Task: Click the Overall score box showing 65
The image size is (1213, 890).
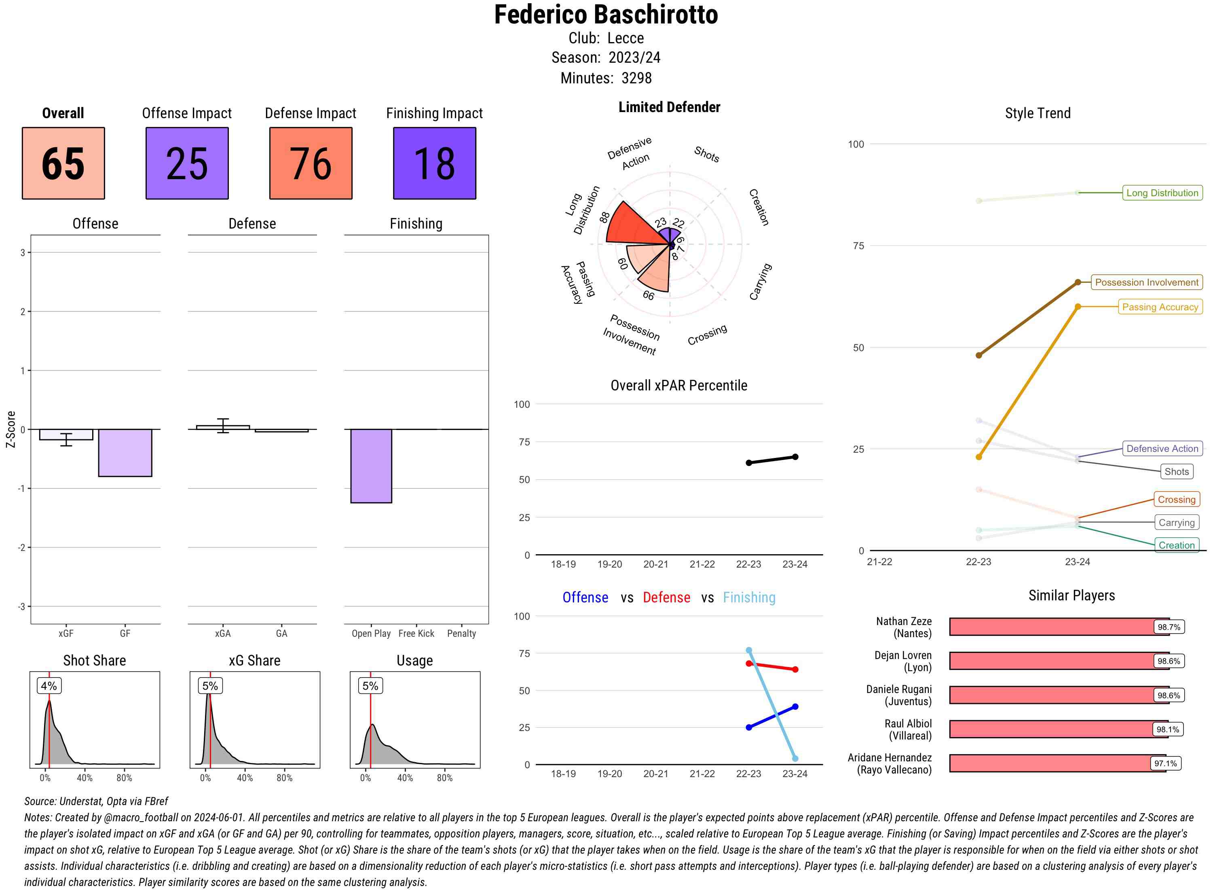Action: (63, 163)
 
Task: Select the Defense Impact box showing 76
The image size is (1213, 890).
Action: (311, 163)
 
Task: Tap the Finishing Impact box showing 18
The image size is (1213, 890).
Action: (435, 163)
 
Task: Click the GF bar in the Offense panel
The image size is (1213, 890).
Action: (125, 453)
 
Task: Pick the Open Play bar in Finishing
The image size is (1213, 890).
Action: (371, 466)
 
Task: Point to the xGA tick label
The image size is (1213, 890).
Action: (222, 634)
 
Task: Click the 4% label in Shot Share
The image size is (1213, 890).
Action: (49, 686)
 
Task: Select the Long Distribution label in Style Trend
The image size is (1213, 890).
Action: (1162, 193)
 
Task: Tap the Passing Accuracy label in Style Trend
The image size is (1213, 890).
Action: (1160, 307)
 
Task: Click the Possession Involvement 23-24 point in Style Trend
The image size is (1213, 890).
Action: (1077, 282)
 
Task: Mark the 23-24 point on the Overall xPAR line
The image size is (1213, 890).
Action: (795, 457)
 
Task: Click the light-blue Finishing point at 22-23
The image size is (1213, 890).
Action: (749, 650)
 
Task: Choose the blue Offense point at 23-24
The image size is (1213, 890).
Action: (795, 706)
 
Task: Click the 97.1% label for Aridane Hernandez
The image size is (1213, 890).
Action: (1165, 763)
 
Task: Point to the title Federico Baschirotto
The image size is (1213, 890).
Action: (606, 15)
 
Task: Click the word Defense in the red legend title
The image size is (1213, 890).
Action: (666, 598)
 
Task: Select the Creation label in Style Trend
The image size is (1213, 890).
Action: (1176, 545)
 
